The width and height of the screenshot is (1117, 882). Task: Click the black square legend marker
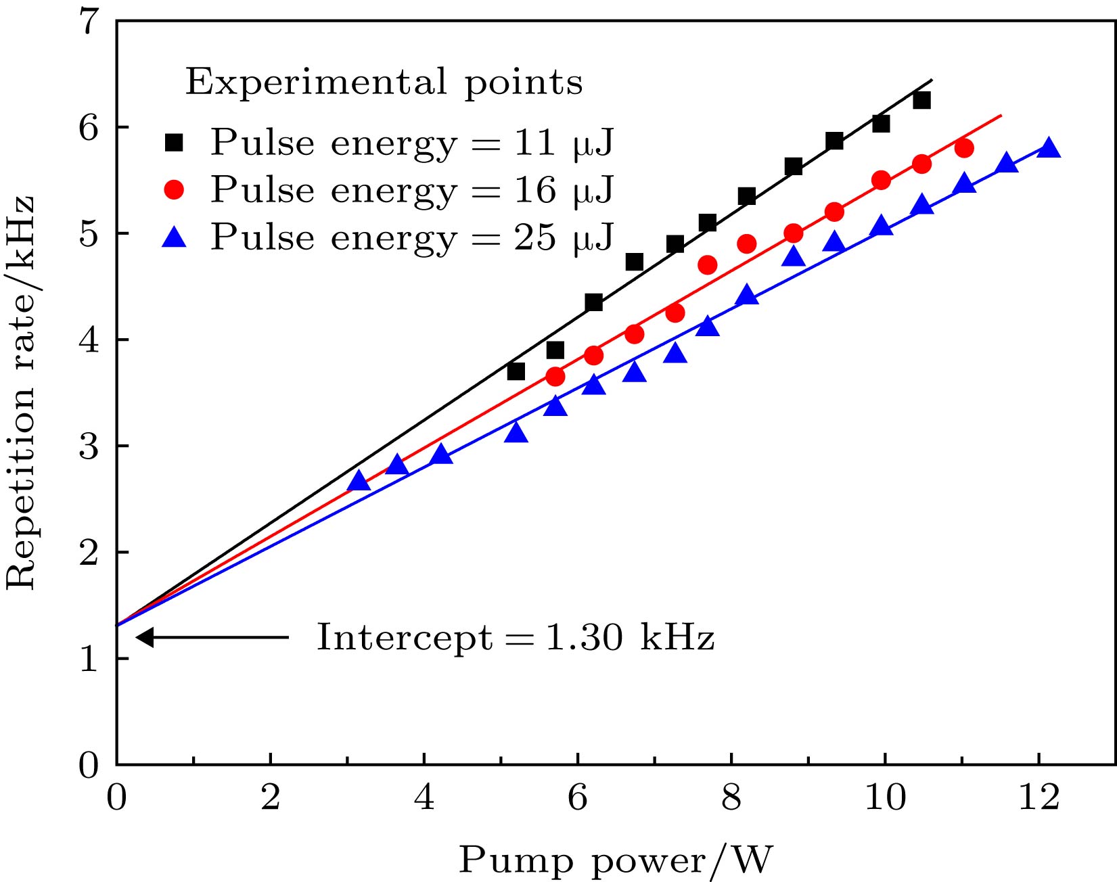tap(175, 143)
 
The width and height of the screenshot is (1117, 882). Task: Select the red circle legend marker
tap(175, 190)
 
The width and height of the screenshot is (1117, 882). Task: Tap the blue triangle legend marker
tap(175, 237)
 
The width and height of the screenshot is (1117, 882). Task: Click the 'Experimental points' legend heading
tap(384, 83)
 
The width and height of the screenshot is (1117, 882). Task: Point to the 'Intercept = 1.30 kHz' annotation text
tap(516, 637)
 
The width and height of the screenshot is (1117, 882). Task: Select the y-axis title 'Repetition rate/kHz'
tap(20, 392)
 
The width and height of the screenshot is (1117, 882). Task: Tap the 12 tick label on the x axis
tap(1039, 798)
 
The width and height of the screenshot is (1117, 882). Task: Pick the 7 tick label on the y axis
tap(89, 22)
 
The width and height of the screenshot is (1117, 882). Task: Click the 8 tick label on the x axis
tap(731, 798)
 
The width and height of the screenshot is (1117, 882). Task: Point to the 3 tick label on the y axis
tap(89, 446)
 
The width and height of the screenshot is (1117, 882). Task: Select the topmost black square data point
tap(921, 100)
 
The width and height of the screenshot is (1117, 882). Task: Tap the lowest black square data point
tap(516, 371)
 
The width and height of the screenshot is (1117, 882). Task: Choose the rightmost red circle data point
tap(965, 148)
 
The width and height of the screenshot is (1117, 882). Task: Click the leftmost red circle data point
tap(555, 377)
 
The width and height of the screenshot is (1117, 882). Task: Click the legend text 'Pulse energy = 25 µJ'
tap(411, 237)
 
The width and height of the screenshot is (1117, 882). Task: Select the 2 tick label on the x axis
tap(270, 798)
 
